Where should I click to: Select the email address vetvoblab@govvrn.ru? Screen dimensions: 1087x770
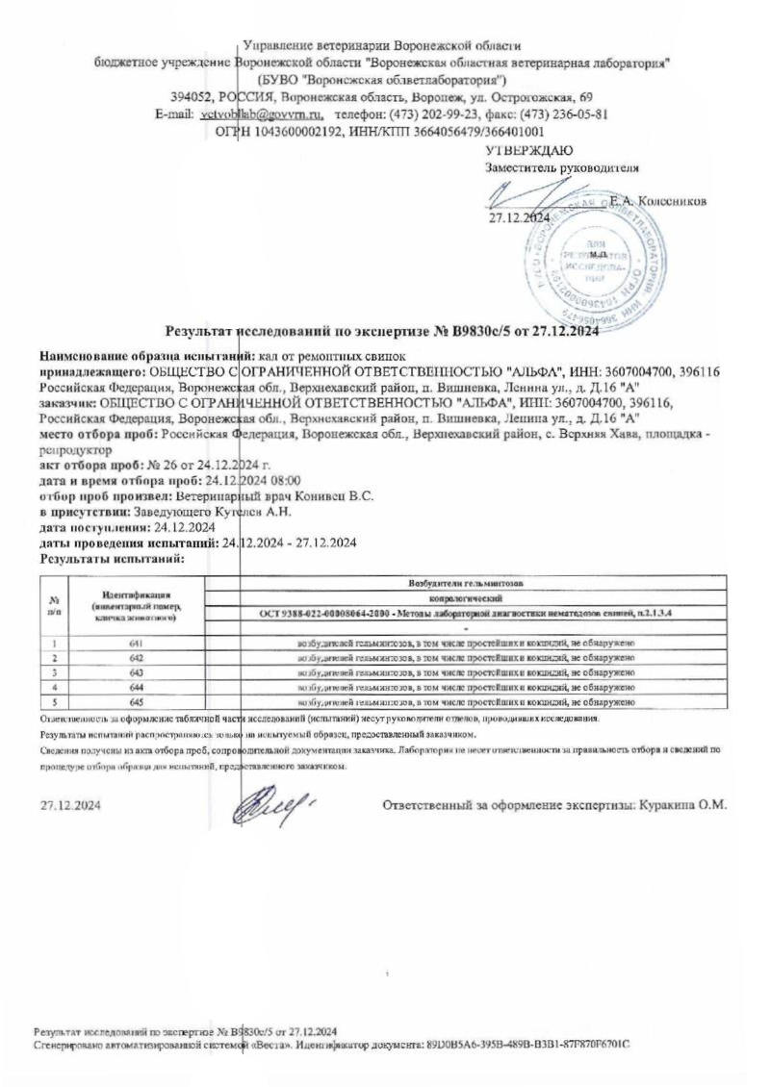coord(254,114)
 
